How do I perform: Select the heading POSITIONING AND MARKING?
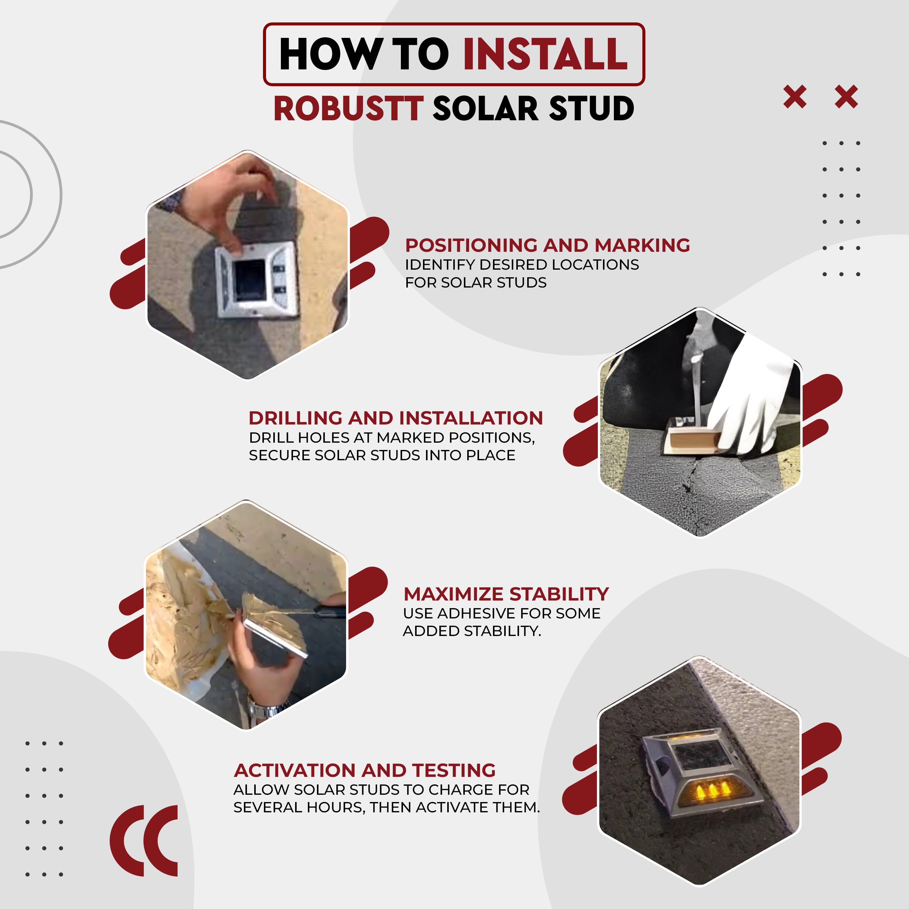click(548, 245)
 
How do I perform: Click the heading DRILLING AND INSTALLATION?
click(396, 418)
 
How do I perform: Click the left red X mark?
click(795, 97)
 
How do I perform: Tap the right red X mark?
click(846, 97)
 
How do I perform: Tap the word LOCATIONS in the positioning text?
click(595, 265)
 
